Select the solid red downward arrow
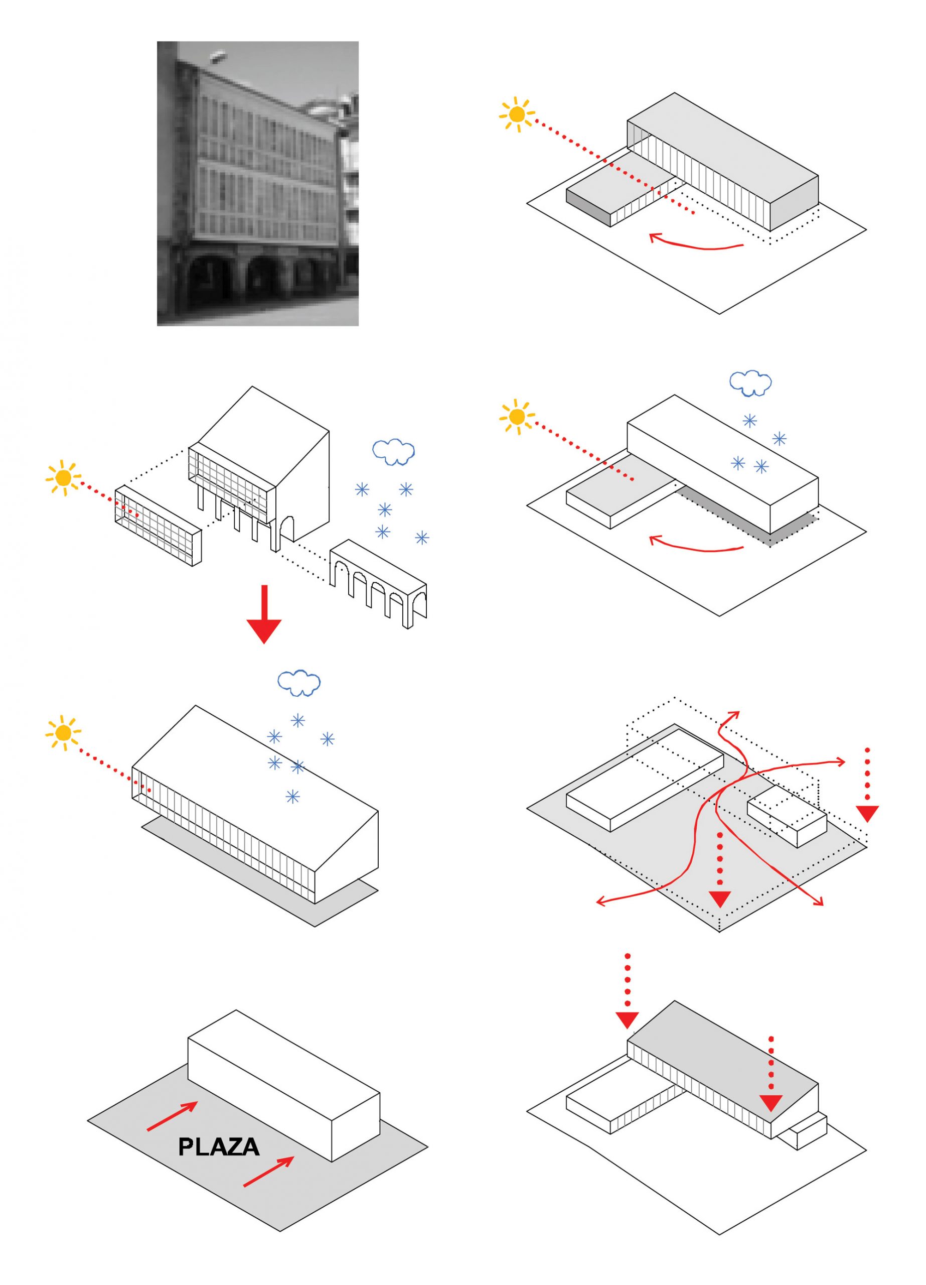pos(263,616)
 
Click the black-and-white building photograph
pos(257,183)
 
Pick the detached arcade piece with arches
pos(378,584)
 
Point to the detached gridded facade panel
pos(158,525)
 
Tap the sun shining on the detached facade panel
pos(63,478)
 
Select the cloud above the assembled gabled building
pos(298,683)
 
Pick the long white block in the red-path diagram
pos(645,779)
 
